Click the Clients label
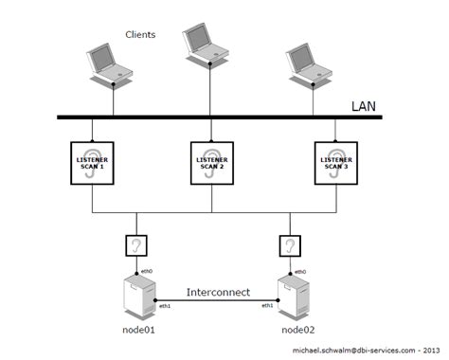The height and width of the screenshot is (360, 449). click(x=140, y=35)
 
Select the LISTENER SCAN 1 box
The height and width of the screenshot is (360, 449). click(x=92, y=162)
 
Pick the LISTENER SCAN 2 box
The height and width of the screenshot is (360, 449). click(x=210, y=162)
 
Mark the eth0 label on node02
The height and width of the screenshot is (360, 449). click(x=299, y=272)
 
